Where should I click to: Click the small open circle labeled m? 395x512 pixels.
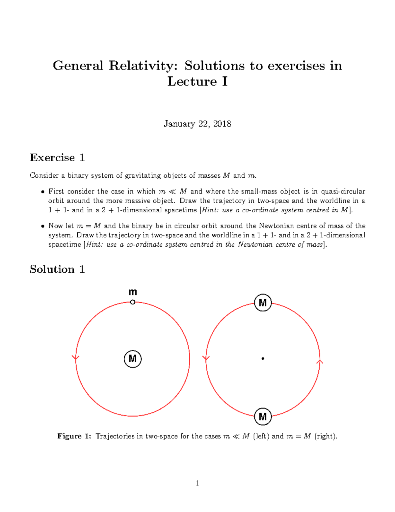(x=133, y=302)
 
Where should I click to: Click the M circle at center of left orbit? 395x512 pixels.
(x=133, y=359)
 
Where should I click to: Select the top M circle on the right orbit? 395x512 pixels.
(x=263, y=303)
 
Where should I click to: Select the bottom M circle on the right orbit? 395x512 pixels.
(x=263, y=416)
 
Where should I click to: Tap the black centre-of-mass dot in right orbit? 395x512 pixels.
(x=263, y=358)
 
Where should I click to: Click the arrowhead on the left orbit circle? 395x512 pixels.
(x=76, y=358)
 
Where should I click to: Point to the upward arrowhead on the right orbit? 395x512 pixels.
(x=320, y=362)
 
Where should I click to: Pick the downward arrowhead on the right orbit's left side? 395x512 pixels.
(x=206, y=358)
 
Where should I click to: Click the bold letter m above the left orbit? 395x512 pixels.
(x=133, y=292)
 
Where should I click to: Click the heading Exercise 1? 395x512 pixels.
(x=57, y=158)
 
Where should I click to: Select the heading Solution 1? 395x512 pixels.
(x=57, y=269)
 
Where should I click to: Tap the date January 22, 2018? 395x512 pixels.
(x=197, y=124)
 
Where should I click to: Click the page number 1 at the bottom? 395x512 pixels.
(x=197, y=483)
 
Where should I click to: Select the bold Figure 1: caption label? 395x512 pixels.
(x=74, y=436)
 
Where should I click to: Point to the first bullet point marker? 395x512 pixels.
(x=42, y=192)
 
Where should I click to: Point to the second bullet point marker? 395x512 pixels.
(x=42, y=226)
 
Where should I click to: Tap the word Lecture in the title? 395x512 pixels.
(x=192, y=81)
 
